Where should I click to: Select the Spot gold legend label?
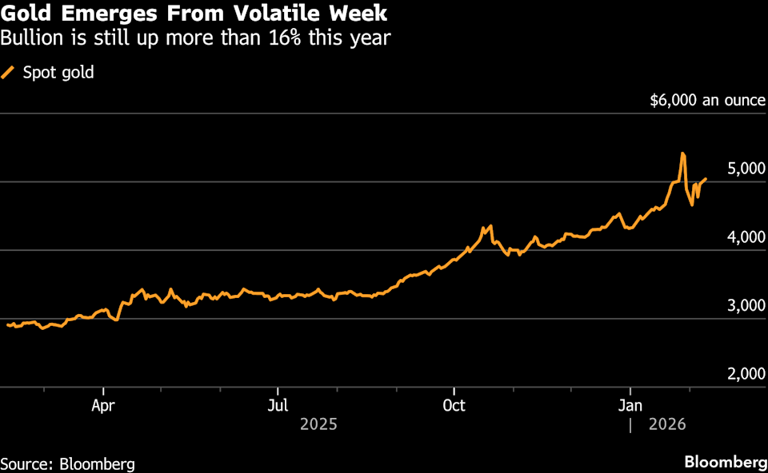[58, 73]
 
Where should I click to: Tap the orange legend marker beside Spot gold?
[9, 73]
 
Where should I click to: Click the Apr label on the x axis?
[103, 404]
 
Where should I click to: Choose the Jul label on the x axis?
[278, 404]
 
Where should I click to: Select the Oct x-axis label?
[454, 404]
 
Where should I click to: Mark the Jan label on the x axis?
[630, 404]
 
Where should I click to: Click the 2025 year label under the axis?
[318, 424]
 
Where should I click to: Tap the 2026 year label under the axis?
[667, 424]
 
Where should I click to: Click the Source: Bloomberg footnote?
[67, 463]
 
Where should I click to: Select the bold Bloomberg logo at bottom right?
[725, 463]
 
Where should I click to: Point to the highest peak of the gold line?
[682, 153]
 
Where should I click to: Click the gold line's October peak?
[490, 226]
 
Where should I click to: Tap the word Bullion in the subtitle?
[30, 38]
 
